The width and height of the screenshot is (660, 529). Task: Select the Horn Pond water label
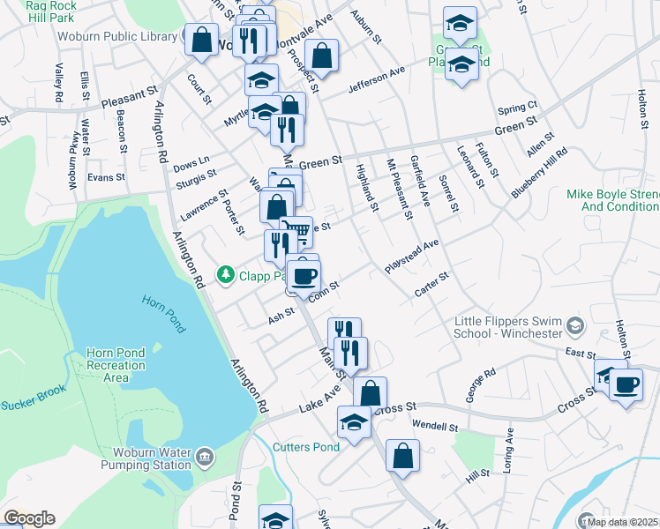pyautogui.click(x=164, y=312)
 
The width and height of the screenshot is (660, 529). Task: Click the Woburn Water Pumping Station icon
pyautogui.click(x=205, y=456)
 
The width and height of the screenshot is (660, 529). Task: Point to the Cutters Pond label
pyautogui.click(x=305, y=447)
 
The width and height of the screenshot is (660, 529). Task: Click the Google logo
pyautogui.click(x=29, y=518)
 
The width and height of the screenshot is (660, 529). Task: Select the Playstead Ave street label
pyautogui.click(x=411, y=256)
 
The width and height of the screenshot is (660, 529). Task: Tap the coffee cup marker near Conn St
pyautogui.click(x=304, y=275)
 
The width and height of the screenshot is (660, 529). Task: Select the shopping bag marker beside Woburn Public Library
pyautogui.click(x=202, y=40)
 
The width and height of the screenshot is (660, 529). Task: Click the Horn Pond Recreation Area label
pyautogui.click(x=116, y=365)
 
